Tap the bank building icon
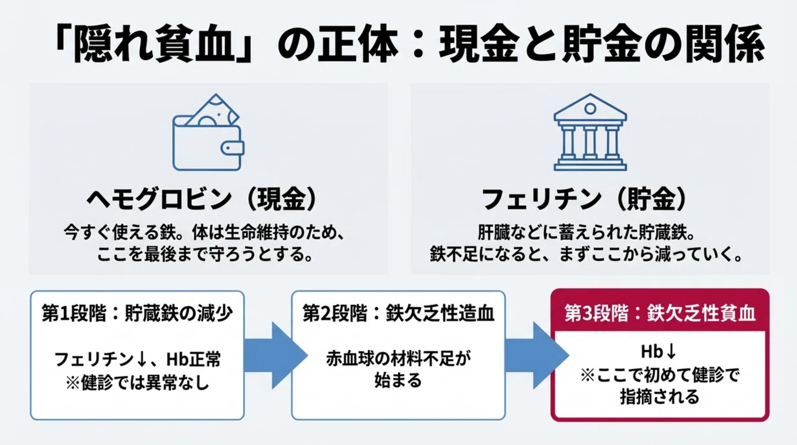tap(590, 132)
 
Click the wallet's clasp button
tap(232, 148)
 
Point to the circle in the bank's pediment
tap(590, 108)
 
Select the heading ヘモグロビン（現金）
tap(201, 199)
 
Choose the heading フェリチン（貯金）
tap(584, 199)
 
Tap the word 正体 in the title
tap(357, 44)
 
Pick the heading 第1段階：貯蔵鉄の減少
tap(137, 313)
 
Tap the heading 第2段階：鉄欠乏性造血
tap(398, 313)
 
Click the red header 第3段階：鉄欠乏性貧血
tap(660, 313)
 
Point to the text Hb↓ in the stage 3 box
tap(658, 351)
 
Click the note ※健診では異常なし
tap(137, 382)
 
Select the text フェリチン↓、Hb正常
tap(137, 359)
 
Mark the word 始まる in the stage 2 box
tap(398, 381)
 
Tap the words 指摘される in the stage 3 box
tap(660, 397)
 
